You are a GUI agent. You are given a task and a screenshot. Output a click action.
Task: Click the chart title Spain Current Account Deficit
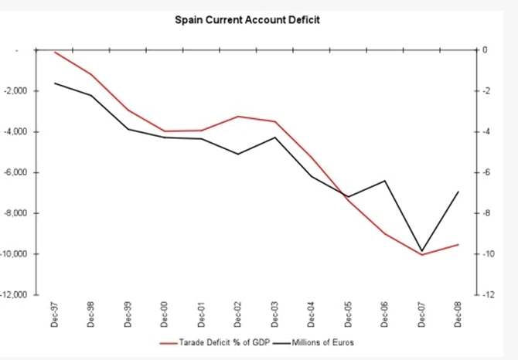248,19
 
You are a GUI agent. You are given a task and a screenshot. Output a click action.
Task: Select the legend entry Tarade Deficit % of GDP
211,341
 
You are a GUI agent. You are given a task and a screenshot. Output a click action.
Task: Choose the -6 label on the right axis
486,172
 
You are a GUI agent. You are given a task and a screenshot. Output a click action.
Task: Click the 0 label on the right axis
485,50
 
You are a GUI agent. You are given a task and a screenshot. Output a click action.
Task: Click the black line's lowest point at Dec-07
421,251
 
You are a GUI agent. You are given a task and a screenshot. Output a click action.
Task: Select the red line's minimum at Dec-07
421,255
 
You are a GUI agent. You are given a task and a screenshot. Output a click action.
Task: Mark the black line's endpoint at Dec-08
458,192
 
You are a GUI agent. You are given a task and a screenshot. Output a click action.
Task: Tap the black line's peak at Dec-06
384,181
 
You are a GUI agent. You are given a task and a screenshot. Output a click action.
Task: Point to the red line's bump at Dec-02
237,117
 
